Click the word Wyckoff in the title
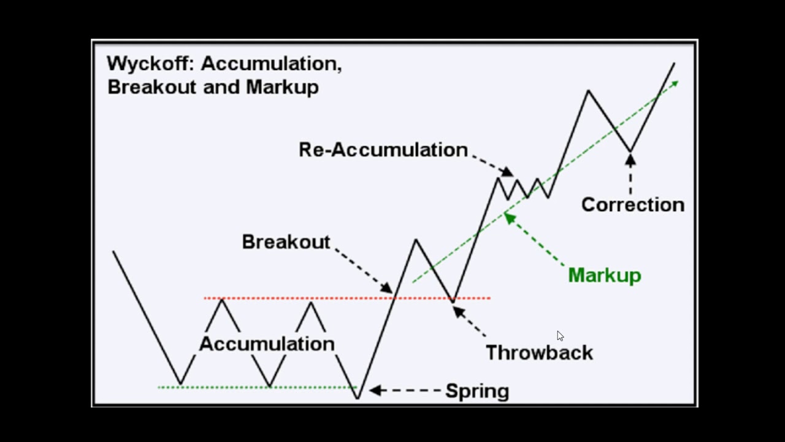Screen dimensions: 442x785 click(150, 63)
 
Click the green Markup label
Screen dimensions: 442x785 click(604, 275)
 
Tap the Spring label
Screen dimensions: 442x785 click(477, 390)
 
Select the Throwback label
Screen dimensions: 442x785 click(539, 352)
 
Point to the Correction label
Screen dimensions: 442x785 click(632, 204)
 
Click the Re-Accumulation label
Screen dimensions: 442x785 click(383, 150)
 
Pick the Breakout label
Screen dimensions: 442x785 click(286, 242)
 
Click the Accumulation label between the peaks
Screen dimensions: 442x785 click(267, 344)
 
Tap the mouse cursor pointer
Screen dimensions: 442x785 click(560, 336)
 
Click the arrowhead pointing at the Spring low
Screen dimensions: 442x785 click(375, 390)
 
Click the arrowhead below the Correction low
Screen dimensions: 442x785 click(630, 160)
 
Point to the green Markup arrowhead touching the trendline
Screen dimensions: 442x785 click(508, 215)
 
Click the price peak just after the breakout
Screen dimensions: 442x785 click(416, 239)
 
